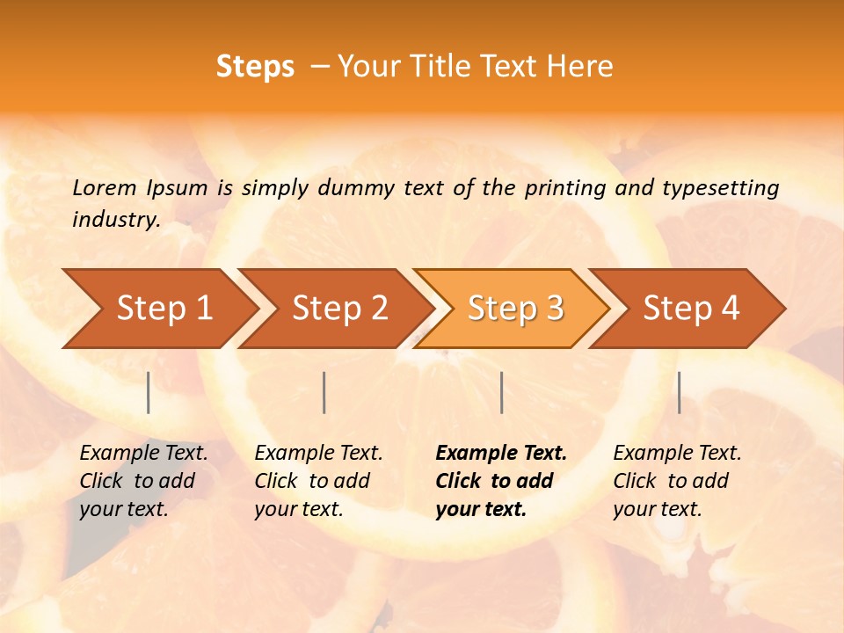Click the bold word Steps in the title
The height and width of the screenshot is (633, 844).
tap(255, 67)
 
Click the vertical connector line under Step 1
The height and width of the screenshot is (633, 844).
tap(149, 392)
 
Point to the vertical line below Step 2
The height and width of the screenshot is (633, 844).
tap(324, 392)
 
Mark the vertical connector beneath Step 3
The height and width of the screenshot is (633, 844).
tap(501, 392)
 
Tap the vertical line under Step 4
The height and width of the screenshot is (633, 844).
tap(679, 392)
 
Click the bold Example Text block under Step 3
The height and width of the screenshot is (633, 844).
tap(501, 481)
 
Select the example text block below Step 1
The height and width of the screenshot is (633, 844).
tap(143, 481)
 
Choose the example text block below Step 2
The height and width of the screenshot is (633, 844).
tap(318, 481)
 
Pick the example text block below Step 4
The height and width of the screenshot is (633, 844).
tap(677, 481)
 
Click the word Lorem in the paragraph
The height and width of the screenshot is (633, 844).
tap(104, 187)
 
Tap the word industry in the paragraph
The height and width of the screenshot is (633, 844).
tap(115, 220)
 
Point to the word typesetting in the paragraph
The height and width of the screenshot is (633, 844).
tap(720, 187)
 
